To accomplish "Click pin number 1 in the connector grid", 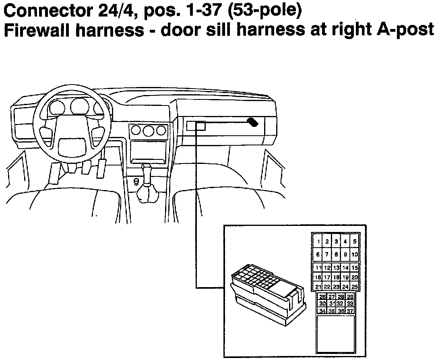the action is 318,242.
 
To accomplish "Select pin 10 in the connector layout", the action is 355,254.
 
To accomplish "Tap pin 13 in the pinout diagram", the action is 337,268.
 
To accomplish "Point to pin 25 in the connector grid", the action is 355,287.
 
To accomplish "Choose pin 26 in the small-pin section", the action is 322,297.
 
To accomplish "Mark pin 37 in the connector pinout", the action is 350,311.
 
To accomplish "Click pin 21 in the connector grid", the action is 318,287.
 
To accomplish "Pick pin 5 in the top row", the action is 355,242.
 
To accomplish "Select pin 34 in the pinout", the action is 322,311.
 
